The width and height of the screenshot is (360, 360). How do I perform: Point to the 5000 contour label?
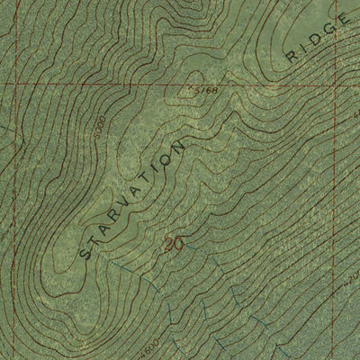[100, 121]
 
